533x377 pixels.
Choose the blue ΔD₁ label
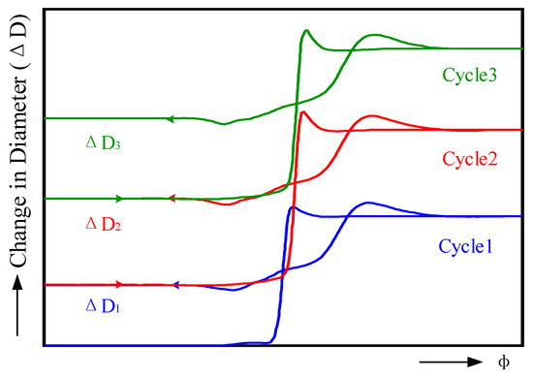coord(101,308)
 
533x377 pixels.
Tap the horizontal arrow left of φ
coord(452,362)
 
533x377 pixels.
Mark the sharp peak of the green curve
coord(305,31)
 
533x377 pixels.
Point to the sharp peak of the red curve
coord(303,112)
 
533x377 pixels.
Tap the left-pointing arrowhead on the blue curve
coord(177,285)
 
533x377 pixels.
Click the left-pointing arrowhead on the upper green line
coord(169,118)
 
